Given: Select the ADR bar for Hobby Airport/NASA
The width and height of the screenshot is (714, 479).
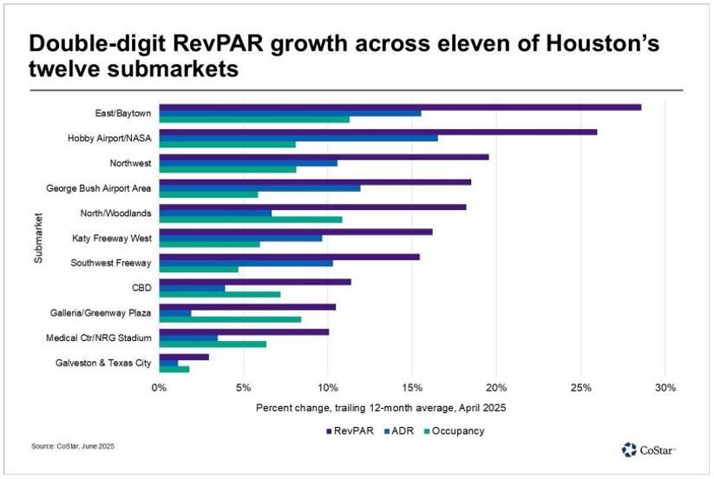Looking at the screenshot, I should click(298, 138).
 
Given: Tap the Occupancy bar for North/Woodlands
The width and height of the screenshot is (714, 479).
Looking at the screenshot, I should click(251, 220).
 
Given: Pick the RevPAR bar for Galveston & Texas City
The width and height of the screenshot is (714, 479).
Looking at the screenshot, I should click(184, 357).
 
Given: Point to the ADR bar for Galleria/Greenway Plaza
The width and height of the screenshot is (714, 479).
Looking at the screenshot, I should click(175, 312).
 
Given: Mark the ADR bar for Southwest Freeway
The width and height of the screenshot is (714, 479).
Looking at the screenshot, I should click(246, 263).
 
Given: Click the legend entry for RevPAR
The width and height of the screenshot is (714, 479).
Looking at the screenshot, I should click(350, 430).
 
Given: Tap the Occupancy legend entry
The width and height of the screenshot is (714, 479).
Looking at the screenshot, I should click(455, 430).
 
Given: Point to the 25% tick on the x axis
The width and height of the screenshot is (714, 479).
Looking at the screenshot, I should click(580, 387).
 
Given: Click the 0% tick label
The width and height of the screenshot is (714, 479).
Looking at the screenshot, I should click(159, 387).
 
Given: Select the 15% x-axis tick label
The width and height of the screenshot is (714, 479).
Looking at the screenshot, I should click(412, 387).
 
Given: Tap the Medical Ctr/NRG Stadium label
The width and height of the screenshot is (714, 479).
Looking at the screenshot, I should click(99, 337).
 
